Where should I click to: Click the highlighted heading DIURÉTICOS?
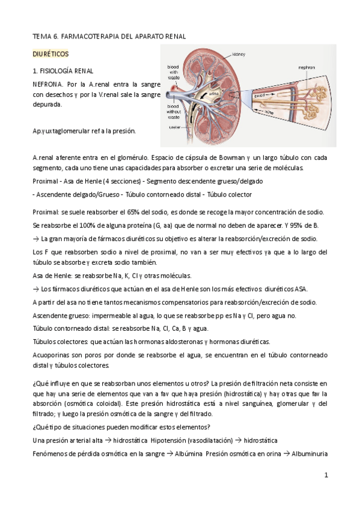coord(50,54)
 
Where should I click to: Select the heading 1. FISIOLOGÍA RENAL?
coord(63,71)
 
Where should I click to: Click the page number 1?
coord(326,475)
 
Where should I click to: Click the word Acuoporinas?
coord(53,355)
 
